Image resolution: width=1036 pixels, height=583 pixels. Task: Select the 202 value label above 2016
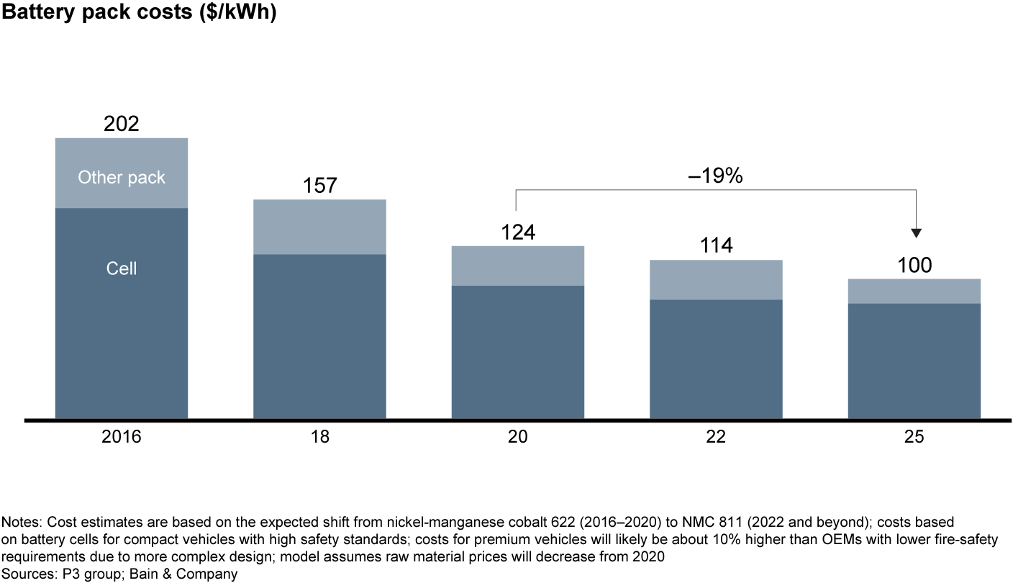pyautogui.click(x=122, y=124)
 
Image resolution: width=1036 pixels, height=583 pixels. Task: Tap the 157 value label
pyautogui.click(x=319, y=186)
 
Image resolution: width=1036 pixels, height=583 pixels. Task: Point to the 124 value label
pyautogui.click(x=518, y=232)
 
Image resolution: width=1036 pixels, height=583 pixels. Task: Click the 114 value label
pyautogui.click(x=716, y=246)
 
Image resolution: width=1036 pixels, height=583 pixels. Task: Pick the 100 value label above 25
pyautogui.click(x=914, y=265)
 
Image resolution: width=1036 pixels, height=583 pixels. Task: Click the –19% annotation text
pyautogui.click(x=715, y=176)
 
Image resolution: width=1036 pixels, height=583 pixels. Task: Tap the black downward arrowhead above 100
pyautogui.click(x=916, y=232)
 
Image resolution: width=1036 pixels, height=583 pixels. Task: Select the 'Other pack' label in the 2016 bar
pyautogui.click(x=122, y=177)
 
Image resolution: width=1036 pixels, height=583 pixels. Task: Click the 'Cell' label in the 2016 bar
pyautogui.click(x=122, y=268)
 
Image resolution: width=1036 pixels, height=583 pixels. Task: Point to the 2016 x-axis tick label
pyautogui.click(x=122, y=438)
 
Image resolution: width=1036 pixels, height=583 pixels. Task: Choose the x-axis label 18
pyautogui.click(x=319, y=438)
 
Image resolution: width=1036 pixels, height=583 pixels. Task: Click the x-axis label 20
pyautogui.click(x=518, y=438)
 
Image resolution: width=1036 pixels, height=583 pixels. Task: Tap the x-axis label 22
pyautogui.click(x=716, y=438)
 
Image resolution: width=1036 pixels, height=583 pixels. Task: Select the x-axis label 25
pyautogui.click(x=914, y=438)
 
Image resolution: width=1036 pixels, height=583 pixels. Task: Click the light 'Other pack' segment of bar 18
pyautogui.click(x=319, y=227)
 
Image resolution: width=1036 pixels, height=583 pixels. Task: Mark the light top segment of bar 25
pyautogui.click(x=914, y=291)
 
